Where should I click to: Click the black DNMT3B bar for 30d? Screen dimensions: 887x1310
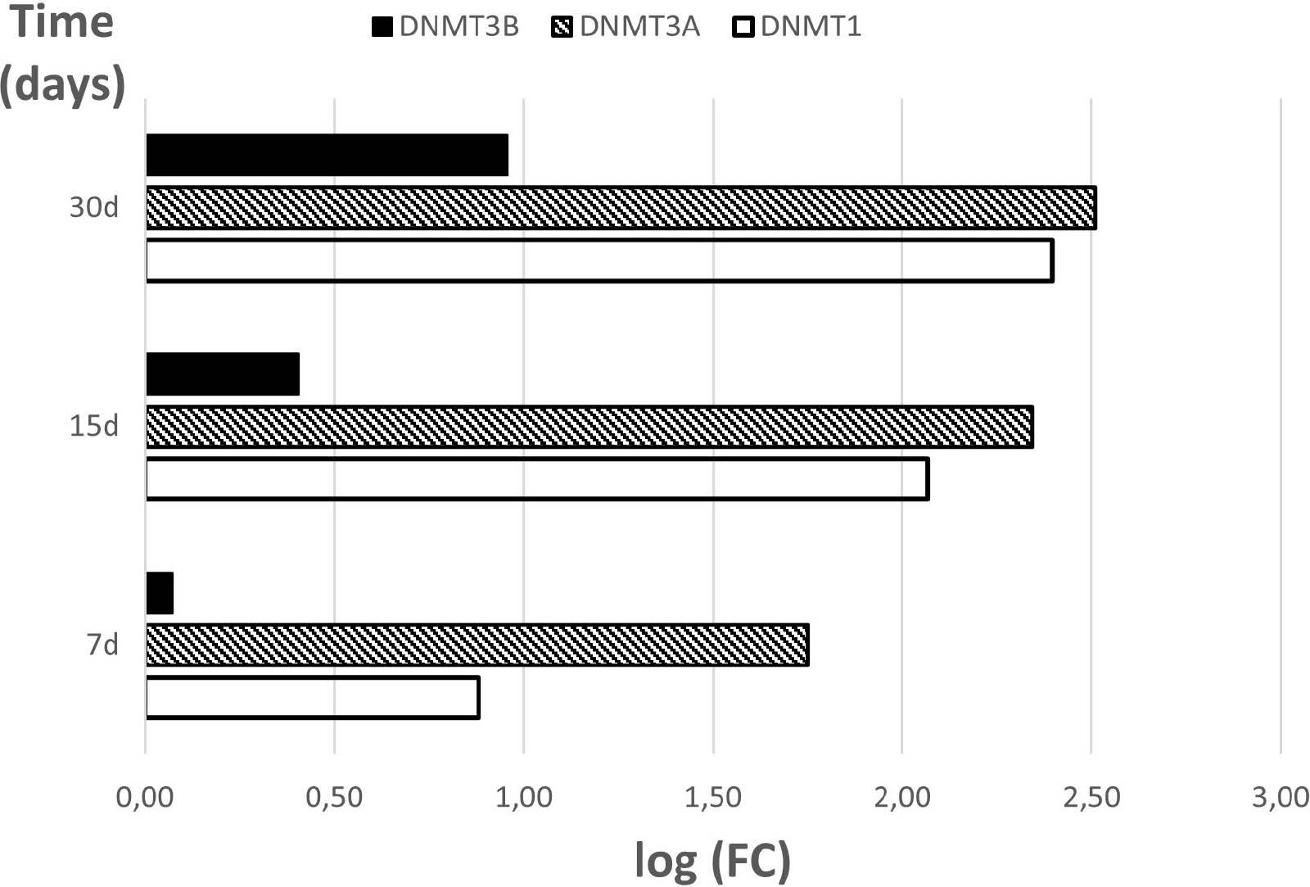(x=327, y=155)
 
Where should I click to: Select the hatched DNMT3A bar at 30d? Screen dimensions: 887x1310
(x=621, y=208)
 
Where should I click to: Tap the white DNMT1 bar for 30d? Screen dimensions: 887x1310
(x=599, y=261)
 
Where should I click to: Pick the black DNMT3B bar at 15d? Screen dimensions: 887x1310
(x=223, y=374)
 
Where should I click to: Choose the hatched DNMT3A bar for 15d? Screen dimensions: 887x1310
(x=589, y=427)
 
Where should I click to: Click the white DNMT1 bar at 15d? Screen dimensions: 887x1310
(x=537, y=479)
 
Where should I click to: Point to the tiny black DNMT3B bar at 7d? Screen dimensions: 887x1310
(x=160, y=593)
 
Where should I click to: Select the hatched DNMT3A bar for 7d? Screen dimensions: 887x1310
(x=477, y=645)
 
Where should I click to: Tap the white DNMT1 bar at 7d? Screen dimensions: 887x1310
(x=312, y=698)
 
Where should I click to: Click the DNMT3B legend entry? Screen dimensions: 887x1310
(x=446, y=27)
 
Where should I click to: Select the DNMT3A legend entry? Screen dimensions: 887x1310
(x=627, y=27)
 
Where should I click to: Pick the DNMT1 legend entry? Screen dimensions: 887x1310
(x=797, y=27)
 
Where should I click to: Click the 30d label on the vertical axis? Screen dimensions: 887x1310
(x=93, y=207)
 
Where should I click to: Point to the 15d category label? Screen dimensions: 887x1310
(x=93, y=426)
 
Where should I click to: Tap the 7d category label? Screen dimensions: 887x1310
(x=102, y=645)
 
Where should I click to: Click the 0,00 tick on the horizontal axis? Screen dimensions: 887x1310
(x=145, y=797)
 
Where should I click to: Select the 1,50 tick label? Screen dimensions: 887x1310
(x=712, y=797)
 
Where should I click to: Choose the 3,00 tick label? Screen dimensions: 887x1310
(x=1280, y=797)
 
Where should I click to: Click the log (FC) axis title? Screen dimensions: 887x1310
(x=712, y=861)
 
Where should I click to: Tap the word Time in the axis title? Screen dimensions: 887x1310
(x=62, y=22)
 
